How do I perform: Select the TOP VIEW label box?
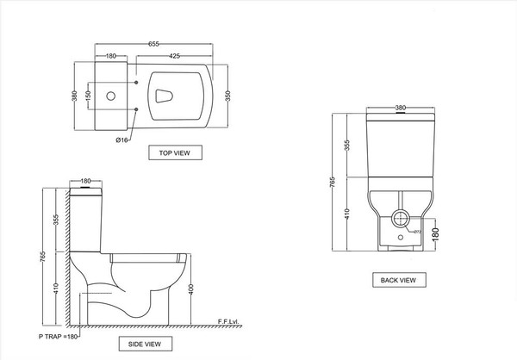[x=175, y=153]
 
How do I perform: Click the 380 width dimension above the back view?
[x=400, y=108]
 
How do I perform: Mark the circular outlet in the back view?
[x=401, y=219]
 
